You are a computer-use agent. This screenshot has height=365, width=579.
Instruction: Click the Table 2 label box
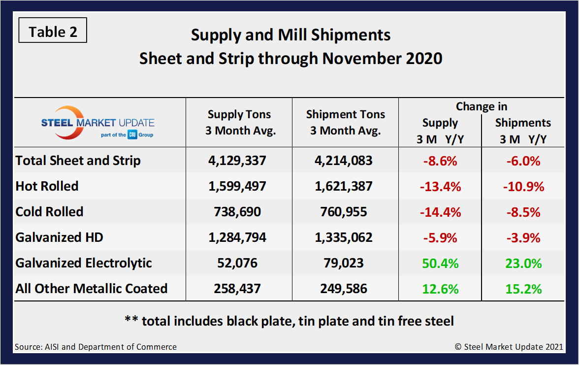[x=53, y=32]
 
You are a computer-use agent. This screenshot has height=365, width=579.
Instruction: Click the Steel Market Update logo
[x=97, y=123]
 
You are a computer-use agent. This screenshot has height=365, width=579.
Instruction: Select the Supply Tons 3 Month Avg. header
[x=239, y=123]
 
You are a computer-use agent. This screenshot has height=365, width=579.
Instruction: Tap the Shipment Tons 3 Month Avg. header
[x=345, y=123]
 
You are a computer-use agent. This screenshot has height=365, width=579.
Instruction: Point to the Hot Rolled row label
[x=47, y=186]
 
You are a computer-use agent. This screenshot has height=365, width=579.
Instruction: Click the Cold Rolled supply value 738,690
[x=239, y=212]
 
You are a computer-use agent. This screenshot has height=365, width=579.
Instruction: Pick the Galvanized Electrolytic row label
[x=84, y=263]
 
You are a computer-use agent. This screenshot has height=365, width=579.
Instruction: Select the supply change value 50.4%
[x=440, y=263]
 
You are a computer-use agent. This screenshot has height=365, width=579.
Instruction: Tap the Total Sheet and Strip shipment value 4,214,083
[x=345, y=161]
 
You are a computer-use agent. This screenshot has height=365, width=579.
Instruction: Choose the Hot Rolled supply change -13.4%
[x=440, y=186]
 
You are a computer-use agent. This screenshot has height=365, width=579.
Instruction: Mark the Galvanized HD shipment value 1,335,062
[x=345, y=237]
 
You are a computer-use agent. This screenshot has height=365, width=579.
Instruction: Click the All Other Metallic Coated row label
[x=92, y=289]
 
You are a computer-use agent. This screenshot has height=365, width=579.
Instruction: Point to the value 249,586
[x=345, y=289]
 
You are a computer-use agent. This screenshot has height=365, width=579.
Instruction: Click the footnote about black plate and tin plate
[x=289, y=321]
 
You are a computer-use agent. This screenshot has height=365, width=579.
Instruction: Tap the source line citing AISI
[x=96, y=347]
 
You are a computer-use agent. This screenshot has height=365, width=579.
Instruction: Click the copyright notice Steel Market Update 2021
[x=509, y=347]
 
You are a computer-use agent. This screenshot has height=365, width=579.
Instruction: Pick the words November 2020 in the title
[x=383, y=59]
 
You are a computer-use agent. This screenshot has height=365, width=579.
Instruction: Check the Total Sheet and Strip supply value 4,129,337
[x=239, y=161]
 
